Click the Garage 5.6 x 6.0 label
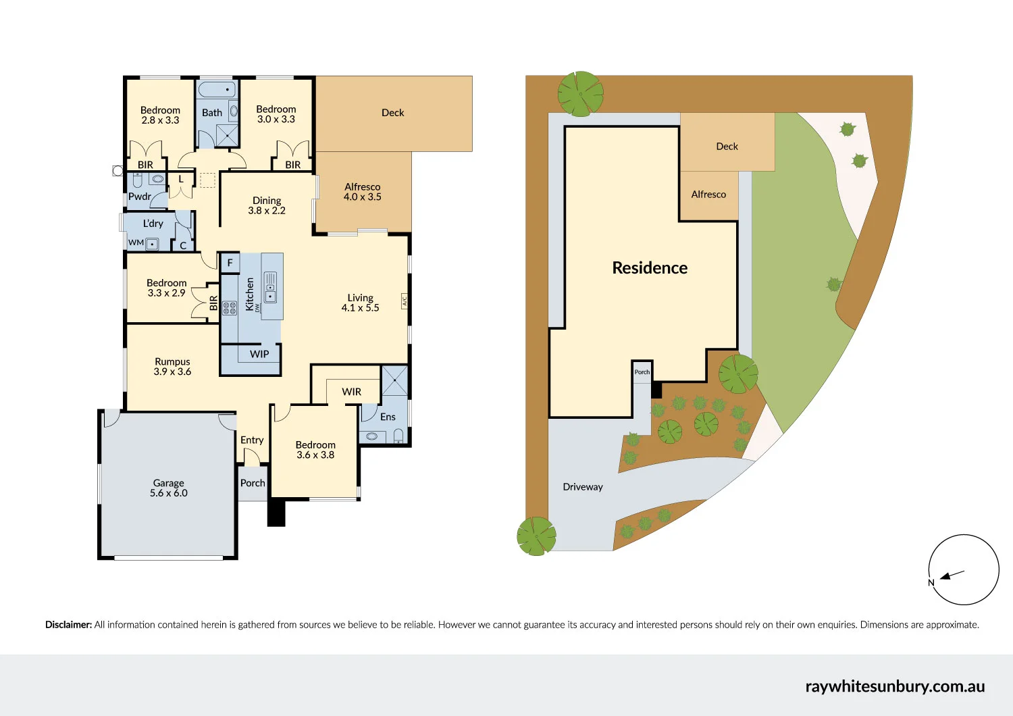pos(169,488)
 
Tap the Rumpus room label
pos(172,366)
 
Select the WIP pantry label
pos(259,354)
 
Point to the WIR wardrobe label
pos(351,392)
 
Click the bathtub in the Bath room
pos(217,89)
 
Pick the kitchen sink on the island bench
pos(270,288)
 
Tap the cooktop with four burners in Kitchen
pos(230,309)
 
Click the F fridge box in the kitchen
pos(230,263)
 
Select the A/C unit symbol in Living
pos(405,301)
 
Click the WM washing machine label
pos(136,242)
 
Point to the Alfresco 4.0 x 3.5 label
pos(363,192)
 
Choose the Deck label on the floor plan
pos(392,113)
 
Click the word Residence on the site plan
pos(650,268)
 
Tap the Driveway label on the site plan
pos(583,487)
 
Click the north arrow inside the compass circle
pos(952,576)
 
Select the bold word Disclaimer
pos(68,625)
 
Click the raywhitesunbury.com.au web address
pos(895,686)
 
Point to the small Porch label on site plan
pos(642,372)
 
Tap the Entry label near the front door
pos(252,440)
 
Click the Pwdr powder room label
pos(140,197)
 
